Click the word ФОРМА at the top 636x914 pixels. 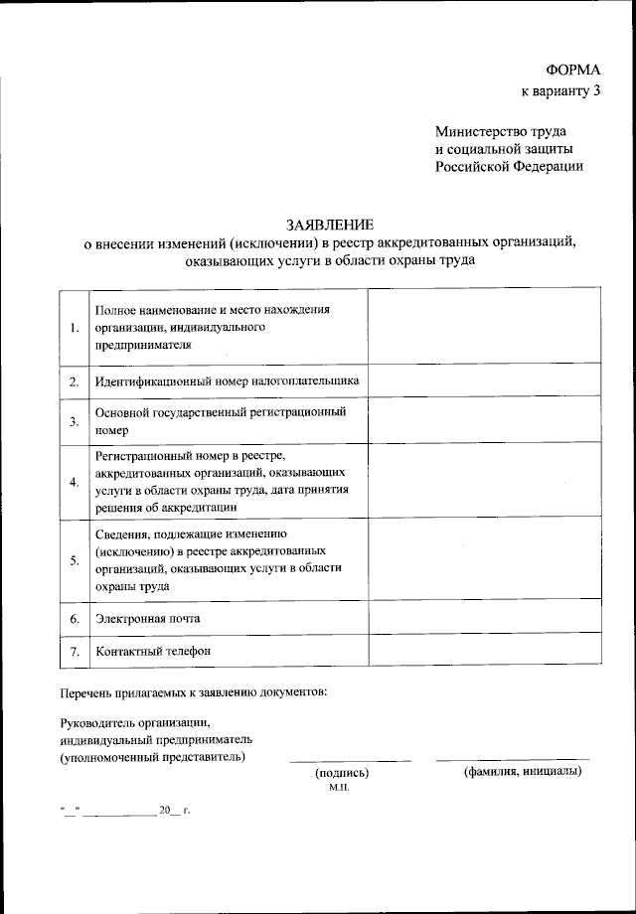tap(573, 71)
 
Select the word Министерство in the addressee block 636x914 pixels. tap(479, 130)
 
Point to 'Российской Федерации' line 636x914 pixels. tap(508, 166)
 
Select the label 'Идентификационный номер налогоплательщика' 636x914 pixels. tap(227, 381)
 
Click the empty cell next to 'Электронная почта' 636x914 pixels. tap(484, 617)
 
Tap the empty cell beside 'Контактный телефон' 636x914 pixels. tap(484, 651)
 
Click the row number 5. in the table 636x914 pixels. tap(74, 559)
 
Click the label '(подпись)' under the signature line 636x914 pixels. tap(341, 773)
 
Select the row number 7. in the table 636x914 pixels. tap(74, 652)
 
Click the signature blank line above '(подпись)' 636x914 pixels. tap(350, 760)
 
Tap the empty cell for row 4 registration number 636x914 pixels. tap(484, 481)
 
